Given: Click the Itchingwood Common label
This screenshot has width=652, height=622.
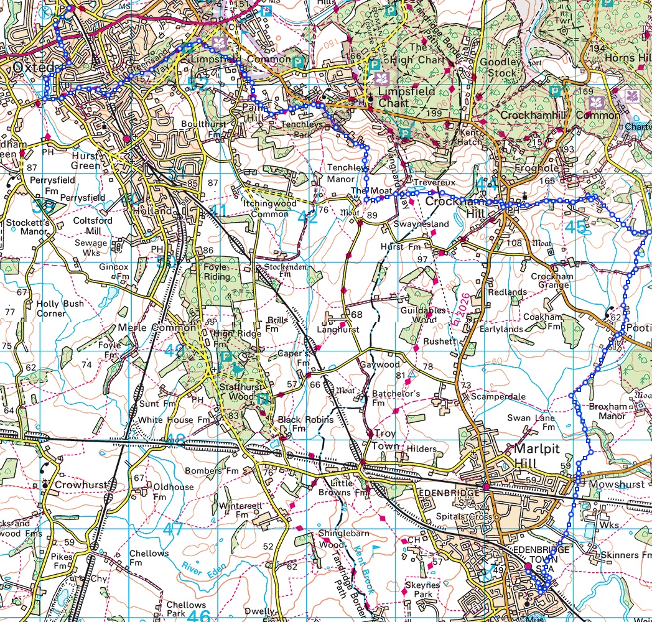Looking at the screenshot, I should (269, 209).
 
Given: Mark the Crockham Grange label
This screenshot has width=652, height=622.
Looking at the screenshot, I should (549, 281).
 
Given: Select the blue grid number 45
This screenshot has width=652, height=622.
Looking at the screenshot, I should (576, 228).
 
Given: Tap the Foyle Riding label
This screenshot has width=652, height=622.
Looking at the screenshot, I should (217, 272).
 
